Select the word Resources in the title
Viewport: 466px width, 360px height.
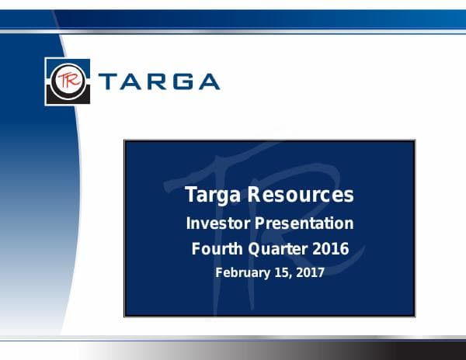coord(300,195)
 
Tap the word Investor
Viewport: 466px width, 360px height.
coord(217,223)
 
